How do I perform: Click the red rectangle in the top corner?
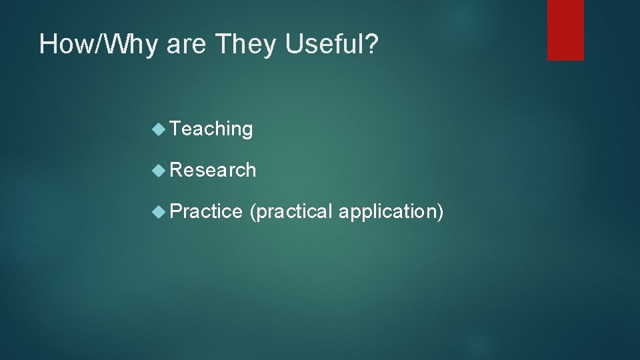[565, 30]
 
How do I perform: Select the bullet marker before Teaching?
[159, 129]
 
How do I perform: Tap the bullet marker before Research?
[159, 170]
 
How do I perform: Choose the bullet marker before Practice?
[159, 211]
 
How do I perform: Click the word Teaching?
[211, 129]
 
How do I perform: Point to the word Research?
[213, 170]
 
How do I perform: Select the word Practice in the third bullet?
[206, 211]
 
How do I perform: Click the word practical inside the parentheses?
[292, 211]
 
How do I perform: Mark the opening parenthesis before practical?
[251, 212]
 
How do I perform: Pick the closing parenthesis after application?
[440, 212]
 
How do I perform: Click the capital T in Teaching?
[175, 128]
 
